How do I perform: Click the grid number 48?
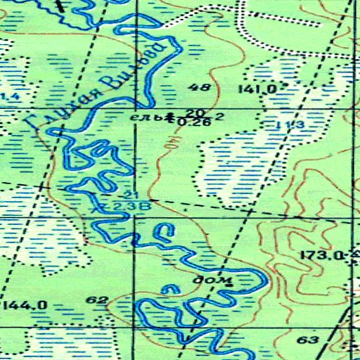200,88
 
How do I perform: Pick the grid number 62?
96,301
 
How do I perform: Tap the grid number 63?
308,340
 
